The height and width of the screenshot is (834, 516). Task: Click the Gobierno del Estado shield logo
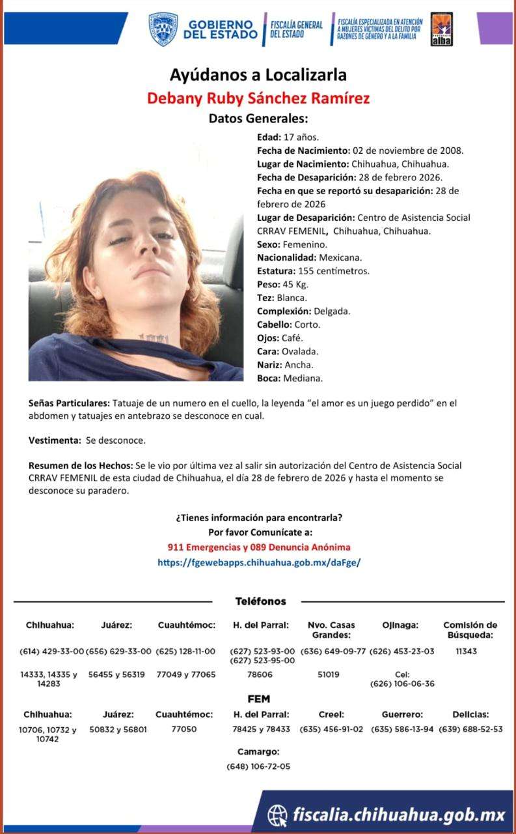pos(163,29)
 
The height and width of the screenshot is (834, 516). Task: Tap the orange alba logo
pos(442,29)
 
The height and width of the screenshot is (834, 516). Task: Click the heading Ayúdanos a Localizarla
pos(258,74)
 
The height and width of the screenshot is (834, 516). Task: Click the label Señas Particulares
pos(69,403)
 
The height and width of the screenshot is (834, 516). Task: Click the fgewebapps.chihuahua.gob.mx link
pos(259,561)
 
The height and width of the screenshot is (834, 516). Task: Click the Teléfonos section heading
pos(260,601)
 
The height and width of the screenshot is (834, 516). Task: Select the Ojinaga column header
pos(400,625)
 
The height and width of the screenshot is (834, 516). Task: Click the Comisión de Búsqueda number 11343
pos(466,651)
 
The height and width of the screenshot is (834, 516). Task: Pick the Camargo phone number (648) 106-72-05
pos(258,766)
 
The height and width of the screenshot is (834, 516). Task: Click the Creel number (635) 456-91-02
pos(331,729)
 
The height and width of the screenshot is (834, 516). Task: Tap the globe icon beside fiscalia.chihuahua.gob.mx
pos(277,814)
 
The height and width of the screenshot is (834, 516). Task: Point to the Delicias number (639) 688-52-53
pos(470,729)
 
